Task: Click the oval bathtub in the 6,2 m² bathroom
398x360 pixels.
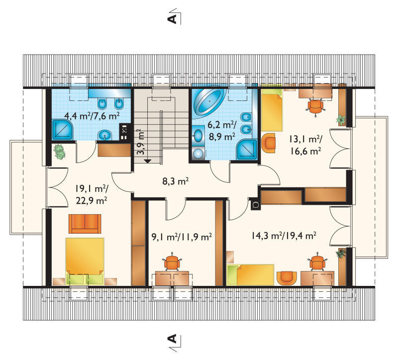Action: point(209,102)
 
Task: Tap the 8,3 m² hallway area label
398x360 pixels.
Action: point(176,181)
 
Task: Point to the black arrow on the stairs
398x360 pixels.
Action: point(147,161)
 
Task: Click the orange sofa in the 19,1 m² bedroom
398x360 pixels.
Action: point(85,224)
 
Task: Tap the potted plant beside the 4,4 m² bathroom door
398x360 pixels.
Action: point(59,152)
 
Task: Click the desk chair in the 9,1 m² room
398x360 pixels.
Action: point(172,262)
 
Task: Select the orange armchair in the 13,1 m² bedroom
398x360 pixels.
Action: point(268,143)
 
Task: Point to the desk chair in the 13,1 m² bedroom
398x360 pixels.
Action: point(315,106)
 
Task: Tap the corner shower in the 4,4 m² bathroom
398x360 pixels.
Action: point(63,130)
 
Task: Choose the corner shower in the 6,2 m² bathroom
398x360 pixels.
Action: point(246,150)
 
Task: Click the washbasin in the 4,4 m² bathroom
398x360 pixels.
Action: point(104,135)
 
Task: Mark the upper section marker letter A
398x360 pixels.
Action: point(172,19)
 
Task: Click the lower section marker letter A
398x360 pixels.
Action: point(172,339)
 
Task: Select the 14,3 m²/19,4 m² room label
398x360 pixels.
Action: point(284,236)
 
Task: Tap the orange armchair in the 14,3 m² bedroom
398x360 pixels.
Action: point(287,278)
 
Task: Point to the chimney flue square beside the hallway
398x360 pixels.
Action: point(256,204)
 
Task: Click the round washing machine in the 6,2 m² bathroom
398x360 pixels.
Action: point(198,154)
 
